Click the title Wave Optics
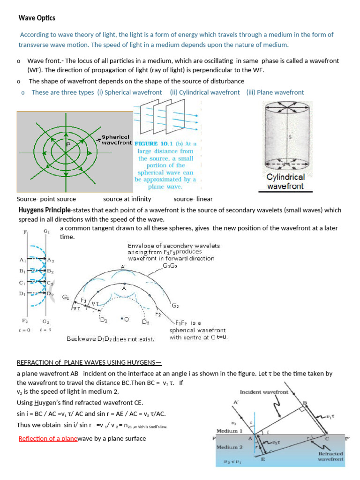pyautogui.click(x=37, y=18)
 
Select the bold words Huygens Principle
pyautogui.click(x=45, y=210)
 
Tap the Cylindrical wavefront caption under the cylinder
pyautogui.click(x=285, y=181)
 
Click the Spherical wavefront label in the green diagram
pyautogui.click(x=117, y=140)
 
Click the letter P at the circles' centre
pyautogui.click(x=67, y=144)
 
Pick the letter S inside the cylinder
pyautogui.click(x=290, y=137)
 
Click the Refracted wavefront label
pyautogui.click(x=330, y=456)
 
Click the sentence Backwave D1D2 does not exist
pyautogui.click(x=111, y=338)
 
